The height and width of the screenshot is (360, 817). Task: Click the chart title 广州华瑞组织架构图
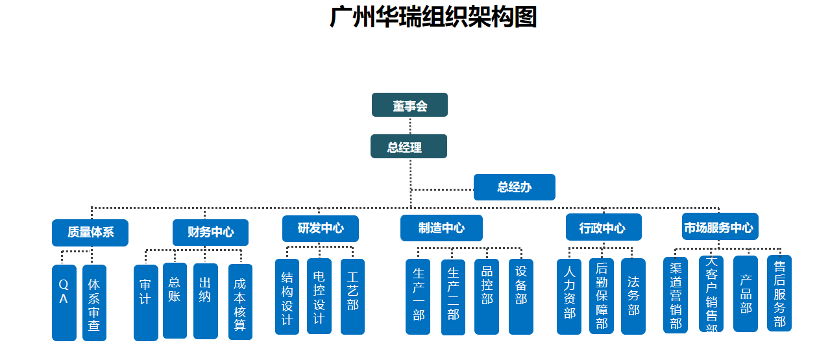[433, 17]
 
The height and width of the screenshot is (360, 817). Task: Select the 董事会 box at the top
[409, 105]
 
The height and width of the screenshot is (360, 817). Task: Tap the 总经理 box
[408, 147]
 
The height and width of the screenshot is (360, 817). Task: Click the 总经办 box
[514, 187]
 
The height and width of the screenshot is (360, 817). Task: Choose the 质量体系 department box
[90, 232]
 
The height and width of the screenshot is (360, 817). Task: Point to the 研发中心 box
[320, 228]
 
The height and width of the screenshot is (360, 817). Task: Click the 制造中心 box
[441, 228]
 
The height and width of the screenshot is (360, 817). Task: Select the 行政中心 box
[603, 228]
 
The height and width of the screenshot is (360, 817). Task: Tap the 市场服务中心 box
[720, 227]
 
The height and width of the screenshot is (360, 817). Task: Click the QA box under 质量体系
[64, 302]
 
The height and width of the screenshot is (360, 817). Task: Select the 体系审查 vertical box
[94, 302]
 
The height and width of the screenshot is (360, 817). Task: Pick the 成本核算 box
[240, 302]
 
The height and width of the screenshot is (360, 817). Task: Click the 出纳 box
[205, 301]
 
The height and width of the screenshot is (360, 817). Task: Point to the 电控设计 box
[319, 296]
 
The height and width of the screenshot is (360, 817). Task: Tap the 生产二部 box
[453, 297]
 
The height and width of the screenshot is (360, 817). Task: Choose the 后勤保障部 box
[601, 296]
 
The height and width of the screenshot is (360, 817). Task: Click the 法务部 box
[633, 296]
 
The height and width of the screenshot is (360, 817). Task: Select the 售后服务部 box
[779, 293]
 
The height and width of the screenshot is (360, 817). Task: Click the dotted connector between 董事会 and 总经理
[410, 125]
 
